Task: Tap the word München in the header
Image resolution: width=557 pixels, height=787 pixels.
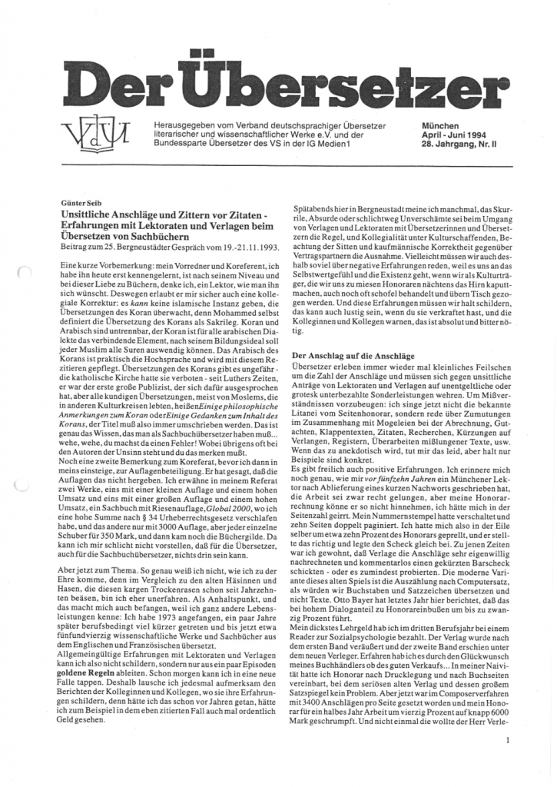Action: click(x=440, y=125)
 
